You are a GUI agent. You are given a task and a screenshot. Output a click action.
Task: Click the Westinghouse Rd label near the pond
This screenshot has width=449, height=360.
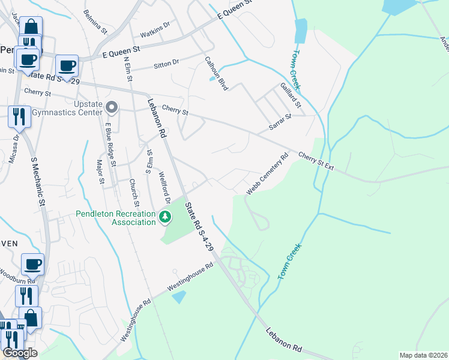point(191,277)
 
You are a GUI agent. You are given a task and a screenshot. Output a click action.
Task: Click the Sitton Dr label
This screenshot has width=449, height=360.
point(166,62)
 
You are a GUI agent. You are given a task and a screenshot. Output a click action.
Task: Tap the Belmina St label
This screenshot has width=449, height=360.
point(95,21)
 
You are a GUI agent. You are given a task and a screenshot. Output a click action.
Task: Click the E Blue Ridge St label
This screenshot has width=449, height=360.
point(109,142)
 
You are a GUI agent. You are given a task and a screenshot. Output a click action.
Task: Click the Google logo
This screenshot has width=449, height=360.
point(20,353)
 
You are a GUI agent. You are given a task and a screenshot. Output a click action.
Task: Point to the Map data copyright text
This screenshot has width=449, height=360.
point(423,355)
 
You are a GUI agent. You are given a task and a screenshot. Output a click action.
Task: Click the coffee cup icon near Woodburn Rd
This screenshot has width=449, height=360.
point(32,264)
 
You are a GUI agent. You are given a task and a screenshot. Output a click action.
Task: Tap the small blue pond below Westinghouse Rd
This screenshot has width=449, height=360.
point(179,296)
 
